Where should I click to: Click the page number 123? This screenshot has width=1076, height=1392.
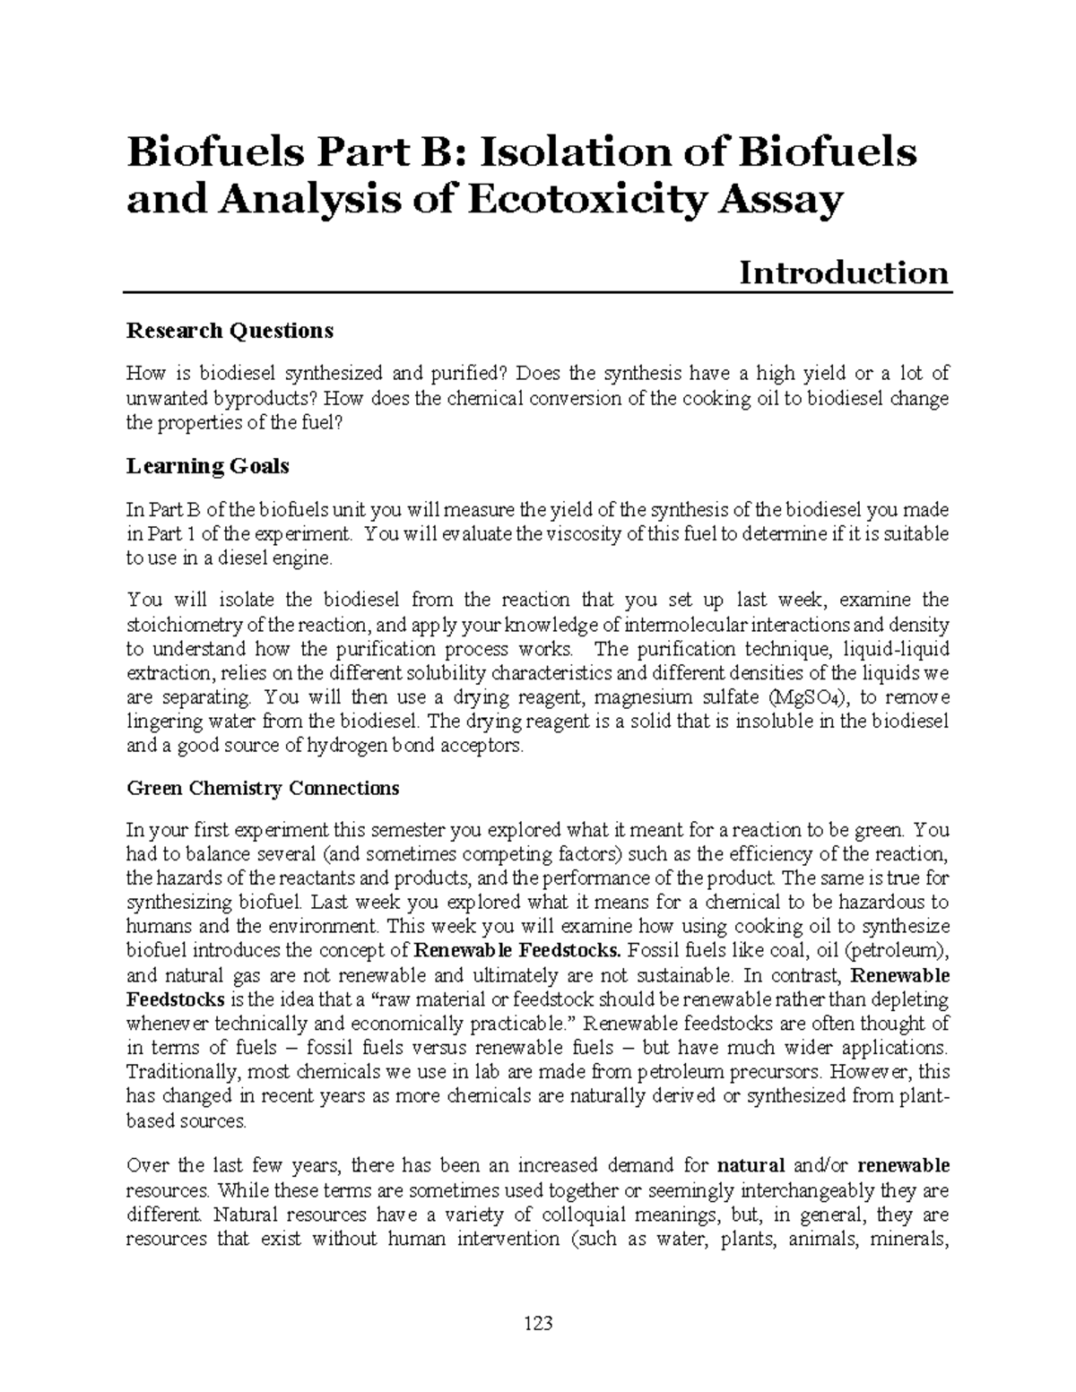click(x=538, y=1323)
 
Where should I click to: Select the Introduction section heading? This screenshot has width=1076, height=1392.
click(x=843, y=272)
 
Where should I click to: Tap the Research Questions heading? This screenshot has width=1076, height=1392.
click(x=230, y=331)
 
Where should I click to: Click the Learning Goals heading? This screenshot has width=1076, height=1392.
click(x=207, y=466)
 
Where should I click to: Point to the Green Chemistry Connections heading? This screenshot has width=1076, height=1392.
click(x=263, y=789)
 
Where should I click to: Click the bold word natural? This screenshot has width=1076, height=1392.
click(x=751, y=1166)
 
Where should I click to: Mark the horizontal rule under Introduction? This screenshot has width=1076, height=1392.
click(x=538, y=292)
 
